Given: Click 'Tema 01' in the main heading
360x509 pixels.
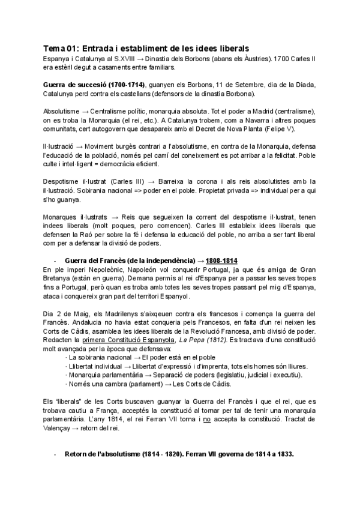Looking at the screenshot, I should (61, 48).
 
